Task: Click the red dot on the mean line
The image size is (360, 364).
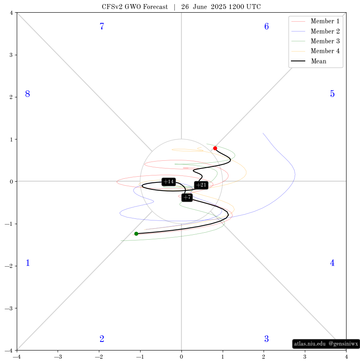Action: [x=215, y=148]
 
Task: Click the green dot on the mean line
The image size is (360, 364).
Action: [x=136, y=234]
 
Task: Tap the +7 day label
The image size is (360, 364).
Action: [x=187, y=197]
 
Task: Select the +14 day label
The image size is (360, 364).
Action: [x=169, y=182]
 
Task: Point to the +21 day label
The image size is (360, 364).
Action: [x=201, y=185]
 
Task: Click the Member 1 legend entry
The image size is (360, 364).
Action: [x=315, y=21]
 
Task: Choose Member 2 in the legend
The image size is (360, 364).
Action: [x=315, y=31]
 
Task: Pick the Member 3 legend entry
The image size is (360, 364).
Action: [x=315, y=41]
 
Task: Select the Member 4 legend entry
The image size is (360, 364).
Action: [x=315, y=51]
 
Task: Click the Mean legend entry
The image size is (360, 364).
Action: [x=309, y=61]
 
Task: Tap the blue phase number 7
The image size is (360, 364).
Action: [x=102, y=27]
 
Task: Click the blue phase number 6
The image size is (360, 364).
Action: [x=266, y=27]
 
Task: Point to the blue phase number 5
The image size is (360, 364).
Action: [x=332, y=94]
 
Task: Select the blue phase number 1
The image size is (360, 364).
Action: [x=28, y=263]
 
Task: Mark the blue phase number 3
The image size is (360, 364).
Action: [x=266, y=339]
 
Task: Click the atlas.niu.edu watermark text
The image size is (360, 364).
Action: [x=310, y=344]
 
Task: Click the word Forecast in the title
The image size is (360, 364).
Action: [x=155, y=7]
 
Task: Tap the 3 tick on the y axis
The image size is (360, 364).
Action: [x=11, y=55]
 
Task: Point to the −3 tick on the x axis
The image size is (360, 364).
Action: [x=58, y=357]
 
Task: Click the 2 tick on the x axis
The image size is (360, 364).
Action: [x=264, y=357]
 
